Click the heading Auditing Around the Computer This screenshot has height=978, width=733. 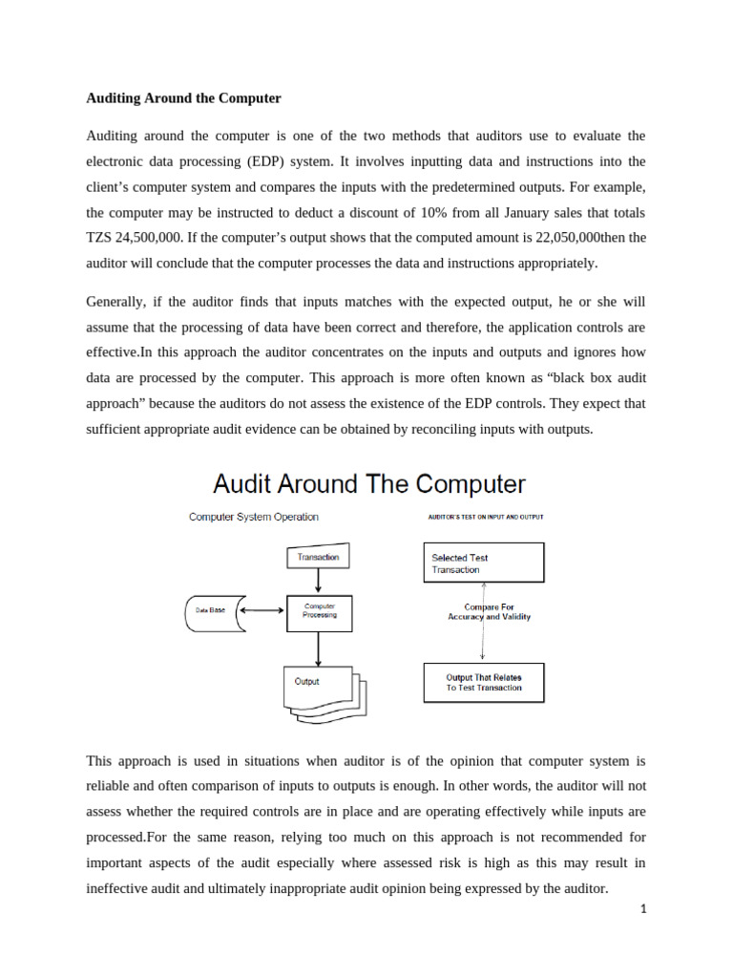183,97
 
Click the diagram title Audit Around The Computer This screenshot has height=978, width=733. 368,483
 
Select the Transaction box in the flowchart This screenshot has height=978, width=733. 318,556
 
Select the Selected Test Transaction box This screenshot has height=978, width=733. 483,563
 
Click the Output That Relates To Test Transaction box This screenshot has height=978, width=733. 483,683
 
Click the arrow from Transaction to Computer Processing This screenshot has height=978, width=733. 318,582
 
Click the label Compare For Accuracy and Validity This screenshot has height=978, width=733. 489,611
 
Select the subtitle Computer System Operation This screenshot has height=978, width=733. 254,517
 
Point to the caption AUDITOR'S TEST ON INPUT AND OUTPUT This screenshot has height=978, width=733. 485,517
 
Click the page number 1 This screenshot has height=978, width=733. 643,910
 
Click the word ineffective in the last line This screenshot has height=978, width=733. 118,887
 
